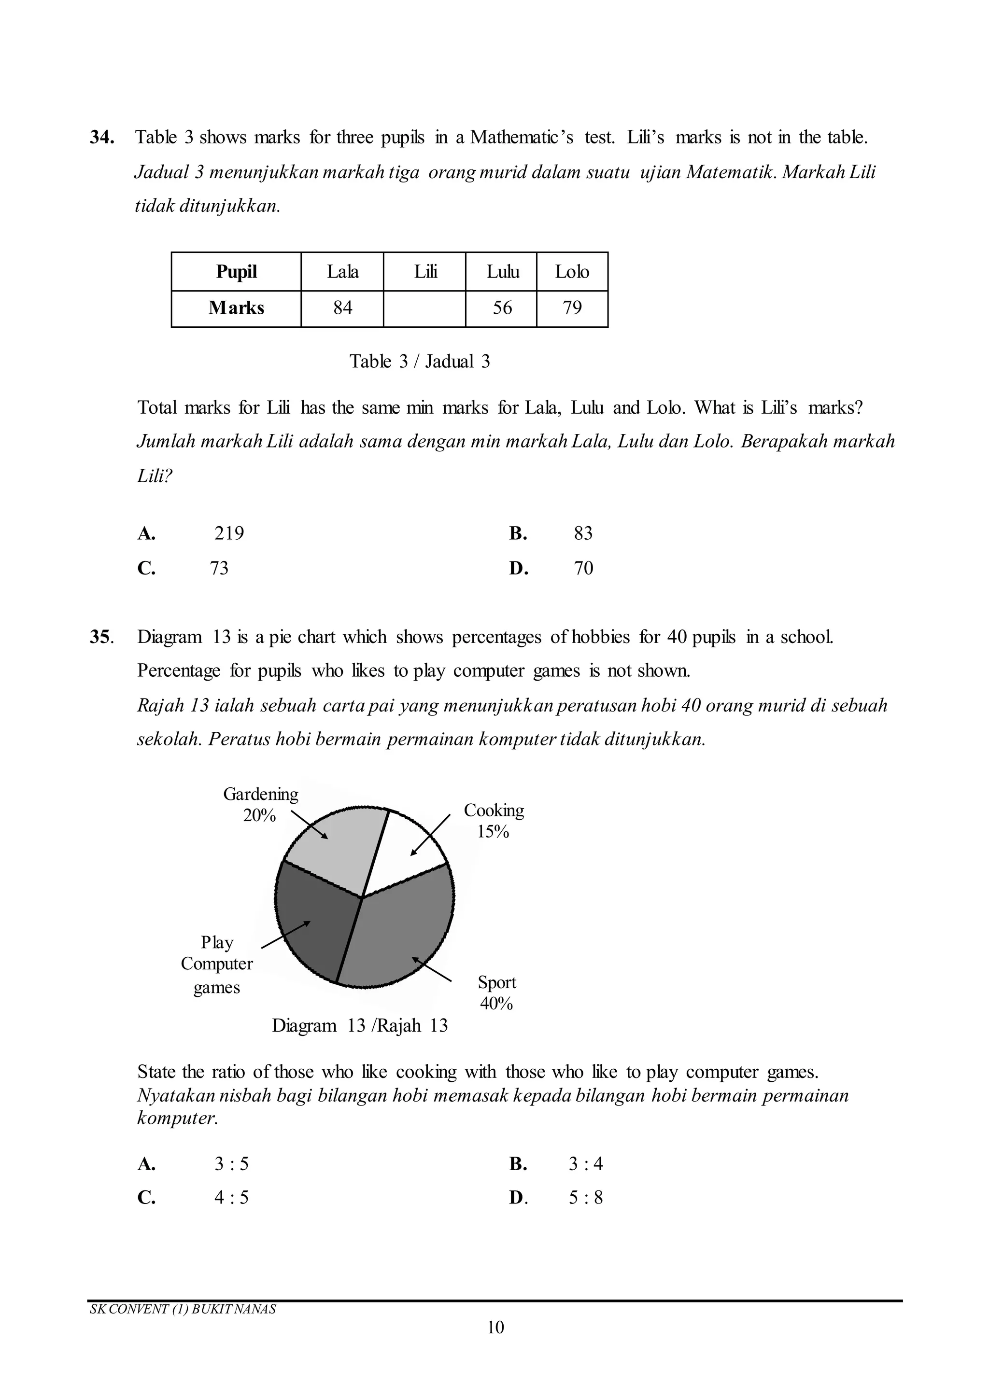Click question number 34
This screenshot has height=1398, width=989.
[x=102, y=138]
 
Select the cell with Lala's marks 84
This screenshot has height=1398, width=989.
[x=342, y=308]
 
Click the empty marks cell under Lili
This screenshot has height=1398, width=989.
[x=424, y=308]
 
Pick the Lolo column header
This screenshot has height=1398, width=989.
[x=572, y=272]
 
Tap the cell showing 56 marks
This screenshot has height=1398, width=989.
[x=502, y=308]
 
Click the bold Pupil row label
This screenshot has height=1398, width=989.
[x=236, y=272]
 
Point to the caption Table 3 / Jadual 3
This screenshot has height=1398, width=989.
[x=420, y=362]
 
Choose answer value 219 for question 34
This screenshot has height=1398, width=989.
[x=229, y=533]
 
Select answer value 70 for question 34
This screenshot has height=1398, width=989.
[x=583, y=568]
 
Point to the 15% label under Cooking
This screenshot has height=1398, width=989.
[x=493, y=832]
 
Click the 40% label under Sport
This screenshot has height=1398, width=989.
[x=496, y=1004]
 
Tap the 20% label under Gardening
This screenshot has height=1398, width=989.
[x=259, y=815]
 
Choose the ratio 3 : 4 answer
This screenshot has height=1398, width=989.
[x=585, y=1164]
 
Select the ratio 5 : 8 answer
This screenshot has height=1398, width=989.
[x=585, y=1198]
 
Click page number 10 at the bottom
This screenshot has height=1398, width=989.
[x=495, y=1328]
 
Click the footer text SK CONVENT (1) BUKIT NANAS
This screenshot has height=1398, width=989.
[x=183, y=1309]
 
